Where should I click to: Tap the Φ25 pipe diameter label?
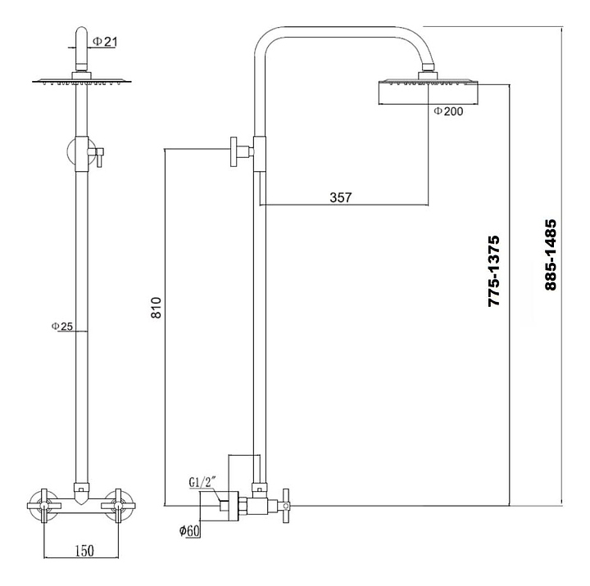62,327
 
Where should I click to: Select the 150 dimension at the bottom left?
81,550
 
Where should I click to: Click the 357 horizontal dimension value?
340,197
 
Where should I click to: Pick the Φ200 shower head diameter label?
448,111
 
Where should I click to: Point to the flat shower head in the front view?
81,81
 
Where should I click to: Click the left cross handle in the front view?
44,501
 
